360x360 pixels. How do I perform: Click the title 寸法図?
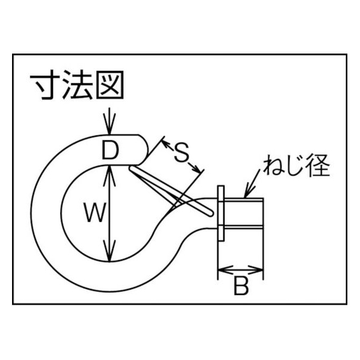pos(77,85)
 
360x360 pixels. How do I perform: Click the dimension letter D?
pos(110,150)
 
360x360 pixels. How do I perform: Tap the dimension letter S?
pos(181,152)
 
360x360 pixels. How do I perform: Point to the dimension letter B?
pos(241,285)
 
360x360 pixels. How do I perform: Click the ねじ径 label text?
pos(296,166)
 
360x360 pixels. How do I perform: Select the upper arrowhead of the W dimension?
pos(110,176)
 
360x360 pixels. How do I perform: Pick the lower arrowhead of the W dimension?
pos(110,251)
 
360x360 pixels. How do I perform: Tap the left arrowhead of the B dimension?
pos(226,270)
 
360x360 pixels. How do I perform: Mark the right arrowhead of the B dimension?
pos(255,270)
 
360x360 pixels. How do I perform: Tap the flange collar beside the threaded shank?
pos(221,213)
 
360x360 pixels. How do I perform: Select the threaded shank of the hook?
pos(243,213)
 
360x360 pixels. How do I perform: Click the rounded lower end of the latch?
pos(210,213)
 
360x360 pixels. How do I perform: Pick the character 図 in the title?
pos(110,85)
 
